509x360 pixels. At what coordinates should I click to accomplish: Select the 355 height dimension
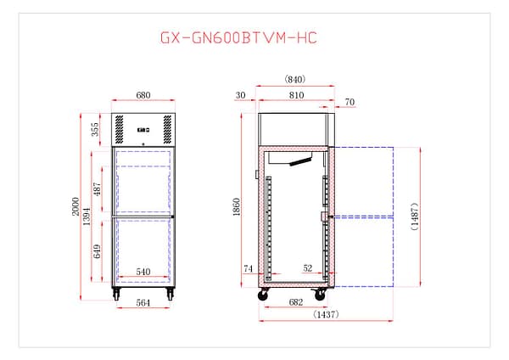[x=97, y=130]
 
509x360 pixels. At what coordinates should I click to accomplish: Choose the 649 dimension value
[x=97, y=251]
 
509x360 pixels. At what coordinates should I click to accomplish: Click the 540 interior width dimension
[x=143, y=273]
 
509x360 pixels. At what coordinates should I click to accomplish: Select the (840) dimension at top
[x=294, y=79]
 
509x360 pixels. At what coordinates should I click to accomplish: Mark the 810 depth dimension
[x=296, y=96]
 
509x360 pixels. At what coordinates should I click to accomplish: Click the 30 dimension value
[x=241, y=96]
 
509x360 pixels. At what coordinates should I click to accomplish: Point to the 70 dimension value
[x=350, y=103]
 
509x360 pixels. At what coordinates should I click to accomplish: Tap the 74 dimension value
[x=249, y=268]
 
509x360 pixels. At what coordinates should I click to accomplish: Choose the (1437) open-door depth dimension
[x=327, y=315]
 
